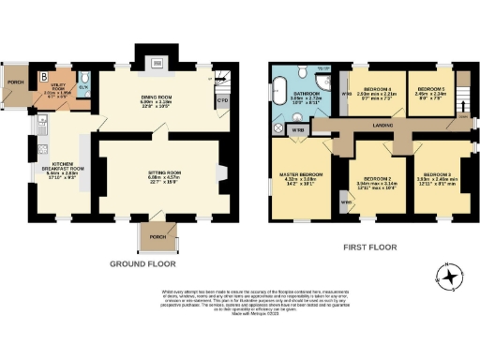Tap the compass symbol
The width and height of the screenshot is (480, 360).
pos(451,277)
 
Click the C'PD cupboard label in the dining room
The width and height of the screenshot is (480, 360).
pos(222,100)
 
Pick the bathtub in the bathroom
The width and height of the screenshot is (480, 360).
pos(281,94)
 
